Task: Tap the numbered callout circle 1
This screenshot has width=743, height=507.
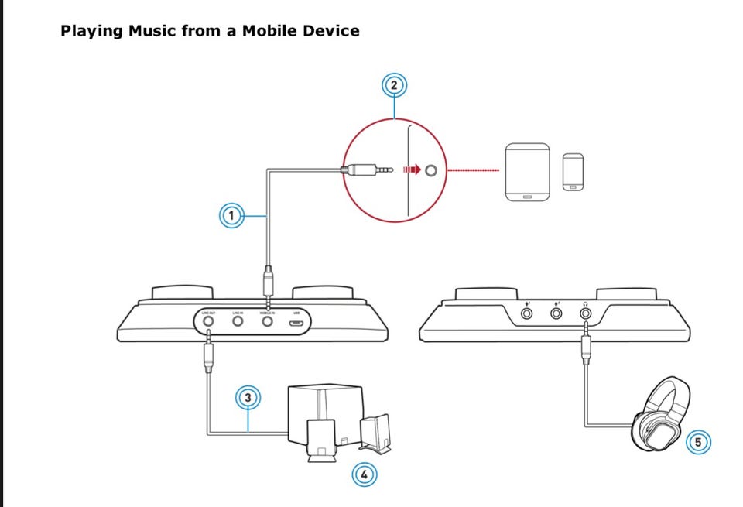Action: click(231, 215)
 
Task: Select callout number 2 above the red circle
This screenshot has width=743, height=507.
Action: click(395, 85)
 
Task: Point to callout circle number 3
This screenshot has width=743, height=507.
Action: click(248, 398)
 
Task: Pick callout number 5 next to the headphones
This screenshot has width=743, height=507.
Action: click(697, 442)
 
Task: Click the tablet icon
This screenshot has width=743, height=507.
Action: click(527, 171)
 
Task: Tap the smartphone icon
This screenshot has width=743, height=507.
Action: click(573, 171)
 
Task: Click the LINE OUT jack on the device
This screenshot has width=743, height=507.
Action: click(208, 320)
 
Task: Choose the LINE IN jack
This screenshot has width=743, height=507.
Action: click(238, 320)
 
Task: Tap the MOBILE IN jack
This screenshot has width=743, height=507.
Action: click(267, 320)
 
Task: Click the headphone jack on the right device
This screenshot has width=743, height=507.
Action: click(585, 313)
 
